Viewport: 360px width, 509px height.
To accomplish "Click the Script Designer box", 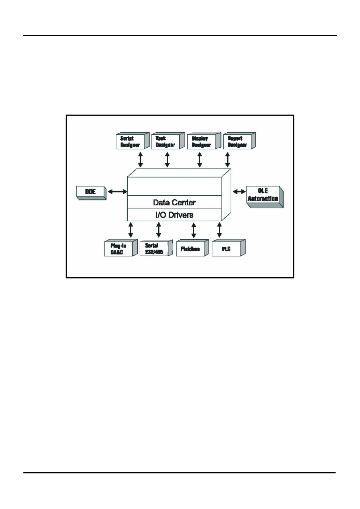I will coord(130,141).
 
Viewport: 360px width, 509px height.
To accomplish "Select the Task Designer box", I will coord(166,141).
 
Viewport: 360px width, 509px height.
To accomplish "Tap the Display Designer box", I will coord(202,141).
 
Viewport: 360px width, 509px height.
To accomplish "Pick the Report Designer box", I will coord(237,141).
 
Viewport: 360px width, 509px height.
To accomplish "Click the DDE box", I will coord(91,192).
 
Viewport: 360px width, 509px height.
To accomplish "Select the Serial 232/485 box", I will coord(154,249).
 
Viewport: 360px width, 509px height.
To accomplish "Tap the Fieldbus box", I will coord(190,249).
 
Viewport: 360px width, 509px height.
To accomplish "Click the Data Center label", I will coord(174,202).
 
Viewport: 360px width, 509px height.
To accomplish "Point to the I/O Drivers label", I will coord(174,215).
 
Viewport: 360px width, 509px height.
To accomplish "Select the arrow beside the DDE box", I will coord(118,192).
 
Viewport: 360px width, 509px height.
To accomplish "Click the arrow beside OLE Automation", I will coord(239,192).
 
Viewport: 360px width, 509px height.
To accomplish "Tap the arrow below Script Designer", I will coord(141,159).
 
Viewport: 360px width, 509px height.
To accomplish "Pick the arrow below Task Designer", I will coord(167,159).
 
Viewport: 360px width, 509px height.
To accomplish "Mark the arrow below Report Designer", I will coord(227,159).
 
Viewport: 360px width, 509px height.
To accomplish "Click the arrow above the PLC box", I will coord(219,230).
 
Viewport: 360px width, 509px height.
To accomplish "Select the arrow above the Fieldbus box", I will coord(194,230).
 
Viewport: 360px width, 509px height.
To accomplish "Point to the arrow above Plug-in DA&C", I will coord(131,230).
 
